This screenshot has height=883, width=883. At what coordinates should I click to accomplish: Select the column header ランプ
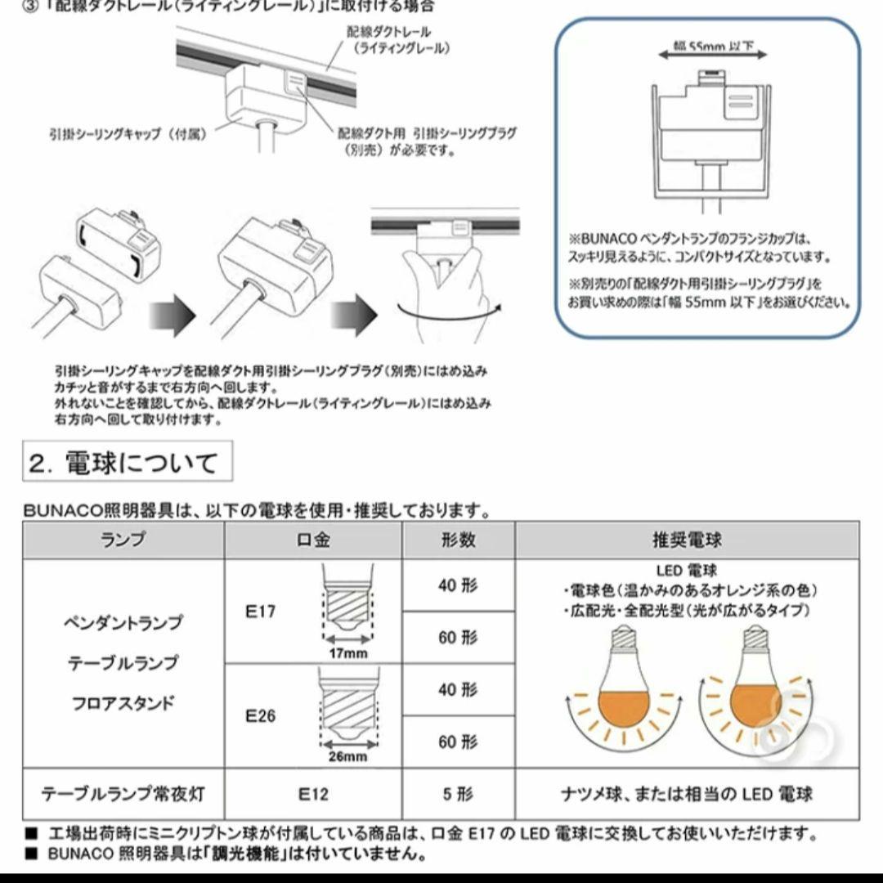pos(123,540)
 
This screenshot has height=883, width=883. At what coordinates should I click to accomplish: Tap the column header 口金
pos(312,540)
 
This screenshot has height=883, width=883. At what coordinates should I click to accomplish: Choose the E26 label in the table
pos(261,715)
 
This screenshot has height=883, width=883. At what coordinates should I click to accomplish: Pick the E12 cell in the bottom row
pos(312,793)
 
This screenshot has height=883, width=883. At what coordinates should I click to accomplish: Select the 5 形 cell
pos(458,793)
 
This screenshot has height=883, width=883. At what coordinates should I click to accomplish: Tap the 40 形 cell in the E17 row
pos(458,585)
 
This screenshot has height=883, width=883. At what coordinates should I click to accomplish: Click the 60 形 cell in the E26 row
pos(458,742)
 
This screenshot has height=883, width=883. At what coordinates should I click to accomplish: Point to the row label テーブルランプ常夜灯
pos(123,793)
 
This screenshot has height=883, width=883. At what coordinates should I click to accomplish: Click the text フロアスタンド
pos(123,702)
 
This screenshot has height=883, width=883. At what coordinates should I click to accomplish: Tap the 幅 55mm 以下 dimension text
pos(711,48)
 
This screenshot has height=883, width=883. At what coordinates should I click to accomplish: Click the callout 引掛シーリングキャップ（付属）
pos(127,133)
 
